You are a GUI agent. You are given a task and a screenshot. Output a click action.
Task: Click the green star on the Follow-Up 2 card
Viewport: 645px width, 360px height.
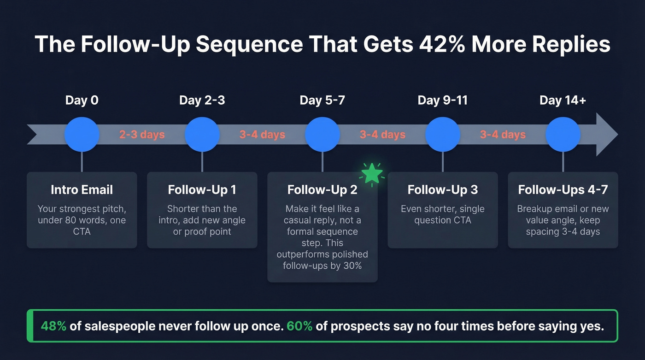pos(372,174)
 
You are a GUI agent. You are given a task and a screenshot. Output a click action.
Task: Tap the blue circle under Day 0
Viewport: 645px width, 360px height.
pos(82,135)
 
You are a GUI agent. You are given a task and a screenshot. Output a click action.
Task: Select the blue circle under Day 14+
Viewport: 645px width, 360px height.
pos(563,135)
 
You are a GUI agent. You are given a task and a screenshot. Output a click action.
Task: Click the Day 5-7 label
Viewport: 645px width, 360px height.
pos(322,100)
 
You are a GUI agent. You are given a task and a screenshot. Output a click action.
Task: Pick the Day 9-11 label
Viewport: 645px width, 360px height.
pos(442,100)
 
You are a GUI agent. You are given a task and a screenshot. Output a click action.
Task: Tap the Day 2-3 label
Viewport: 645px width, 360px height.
pos(202,100)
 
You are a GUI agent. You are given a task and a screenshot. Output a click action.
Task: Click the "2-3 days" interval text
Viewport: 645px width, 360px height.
pos(142,135)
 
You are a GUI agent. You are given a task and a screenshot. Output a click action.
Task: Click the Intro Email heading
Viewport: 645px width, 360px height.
pos(82,190)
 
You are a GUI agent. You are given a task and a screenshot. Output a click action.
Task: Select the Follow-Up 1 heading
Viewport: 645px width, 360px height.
pos(202,190)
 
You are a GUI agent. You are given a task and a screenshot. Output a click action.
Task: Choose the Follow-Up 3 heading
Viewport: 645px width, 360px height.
pos(442,190)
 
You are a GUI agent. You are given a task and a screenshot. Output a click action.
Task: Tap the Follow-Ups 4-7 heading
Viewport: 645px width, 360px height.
pos(563,190)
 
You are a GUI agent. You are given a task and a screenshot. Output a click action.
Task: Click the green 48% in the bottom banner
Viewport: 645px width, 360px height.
pos(53,326)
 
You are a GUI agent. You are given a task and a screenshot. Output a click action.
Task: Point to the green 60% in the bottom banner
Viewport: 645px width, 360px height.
pos(299,326)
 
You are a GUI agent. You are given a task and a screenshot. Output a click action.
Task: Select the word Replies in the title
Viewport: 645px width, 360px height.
pos(569,45)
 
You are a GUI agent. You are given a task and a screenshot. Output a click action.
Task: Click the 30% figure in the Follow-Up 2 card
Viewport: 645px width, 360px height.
pos(352,266)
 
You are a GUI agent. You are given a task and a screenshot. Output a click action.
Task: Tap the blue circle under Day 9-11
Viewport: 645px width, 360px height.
pos(442,135)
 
